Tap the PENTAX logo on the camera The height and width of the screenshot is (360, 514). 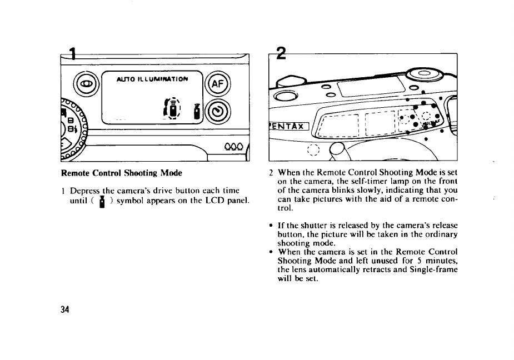tap(287, 125)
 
